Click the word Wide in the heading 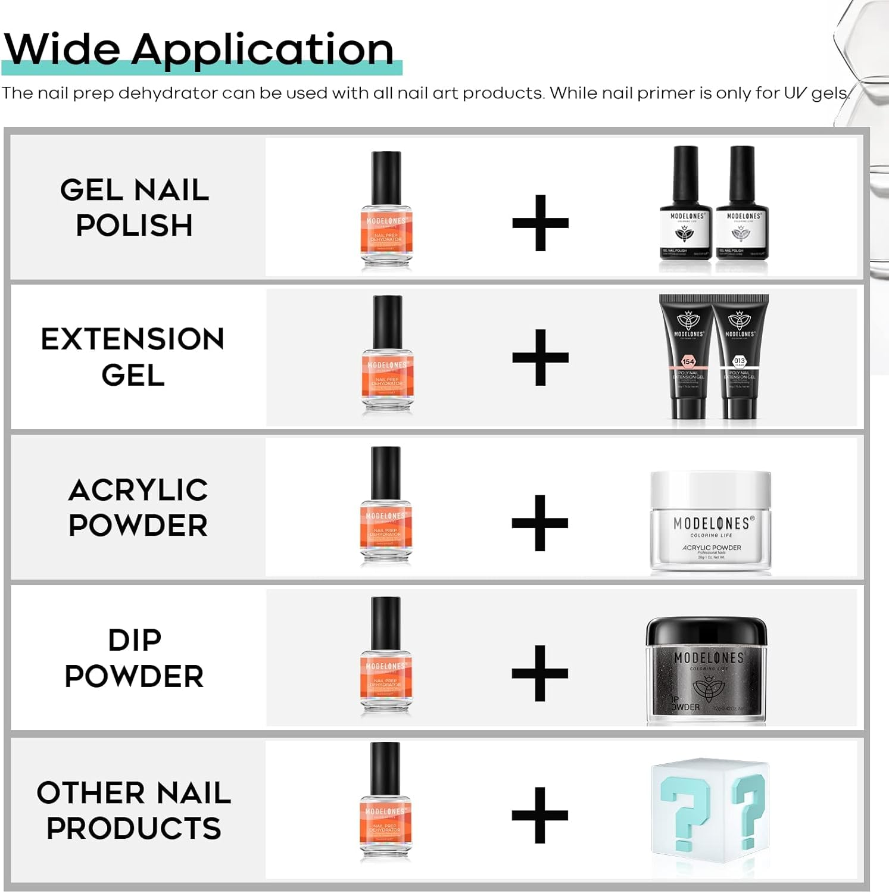[x=62, y=49]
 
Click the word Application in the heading [x=262, y=50]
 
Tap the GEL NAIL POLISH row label [x=135, y=207]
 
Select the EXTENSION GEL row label [x=132, y=357]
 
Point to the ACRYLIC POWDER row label [x=138, y=507]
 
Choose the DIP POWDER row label [x=134, y=658]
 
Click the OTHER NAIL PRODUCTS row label [x=134, y=810]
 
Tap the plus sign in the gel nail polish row [x=540, y=223]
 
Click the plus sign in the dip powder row [x=540, y=673]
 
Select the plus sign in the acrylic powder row [x=540, y=523]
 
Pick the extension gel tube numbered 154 [x=688, y=357]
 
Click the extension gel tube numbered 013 [x=740, y=357]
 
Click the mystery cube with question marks [x=710, y=810]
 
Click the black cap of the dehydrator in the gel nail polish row [x=386, y=177]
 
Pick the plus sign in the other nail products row [x=540, y=815]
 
